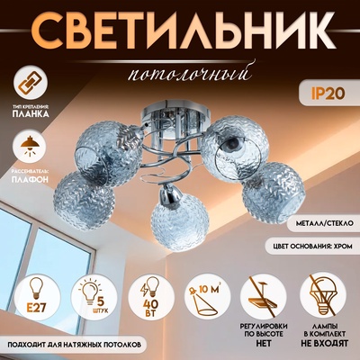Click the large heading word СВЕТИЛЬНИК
pos(180,31)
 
